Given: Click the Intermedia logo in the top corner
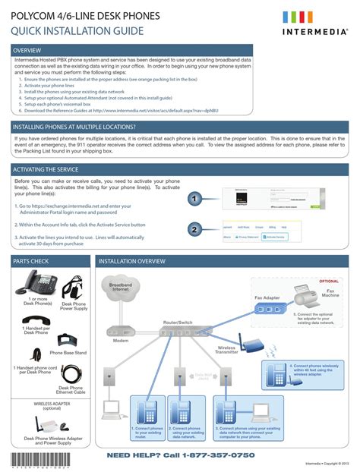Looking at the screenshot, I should pos(313,24).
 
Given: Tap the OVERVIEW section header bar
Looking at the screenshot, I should pos(179,50).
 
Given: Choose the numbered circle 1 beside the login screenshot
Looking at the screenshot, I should pos(194,199).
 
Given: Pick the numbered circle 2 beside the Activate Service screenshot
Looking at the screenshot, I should pos(194,230).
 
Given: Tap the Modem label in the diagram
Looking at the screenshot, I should pos(121,341).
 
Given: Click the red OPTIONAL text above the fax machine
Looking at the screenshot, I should pos(329,281).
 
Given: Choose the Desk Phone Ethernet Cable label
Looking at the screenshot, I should pos(71,390).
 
